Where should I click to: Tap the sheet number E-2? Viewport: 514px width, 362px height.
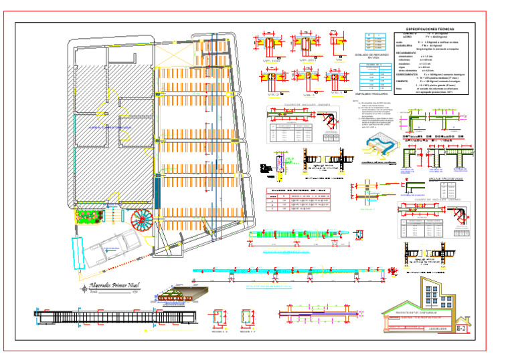tap(460, 329)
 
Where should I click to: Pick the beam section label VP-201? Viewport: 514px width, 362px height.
tap(307, 61)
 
